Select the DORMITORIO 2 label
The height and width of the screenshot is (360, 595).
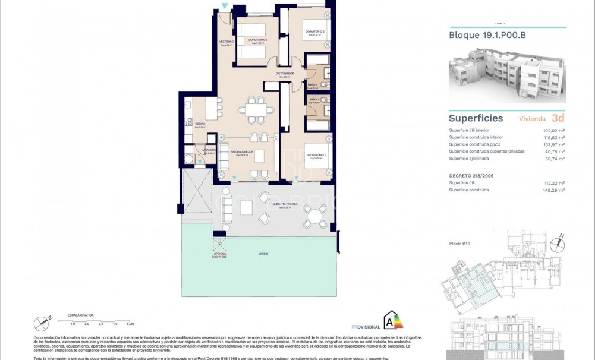click(x=314, y=31)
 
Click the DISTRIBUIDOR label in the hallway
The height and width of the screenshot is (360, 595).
click(x=285, y=74)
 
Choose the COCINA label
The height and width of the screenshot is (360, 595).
click(x=200, y=124)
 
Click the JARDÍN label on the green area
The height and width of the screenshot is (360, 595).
click(x=263, y=254)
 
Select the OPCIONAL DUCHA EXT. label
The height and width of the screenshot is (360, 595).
click(x=220, y=255)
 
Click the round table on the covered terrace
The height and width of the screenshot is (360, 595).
click(x=314, y=216)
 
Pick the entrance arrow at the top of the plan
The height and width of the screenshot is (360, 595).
click(x=224, y=7)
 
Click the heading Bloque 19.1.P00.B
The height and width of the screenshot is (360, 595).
click(x=487, y=35)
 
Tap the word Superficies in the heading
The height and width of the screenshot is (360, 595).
click(x=476, y=118)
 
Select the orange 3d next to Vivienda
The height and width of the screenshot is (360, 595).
click(x=558, y=118)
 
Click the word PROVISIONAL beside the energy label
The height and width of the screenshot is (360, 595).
click(x=366, y=327)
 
